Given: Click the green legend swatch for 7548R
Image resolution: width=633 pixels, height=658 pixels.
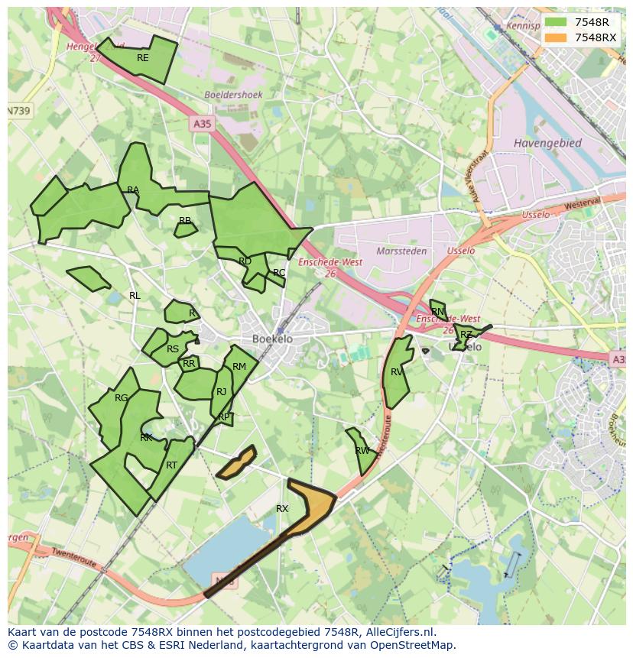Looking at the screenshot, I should point(556,22).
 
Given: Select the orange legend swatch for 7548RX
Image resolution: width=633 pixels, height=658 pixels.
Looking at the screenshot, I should point(556,37).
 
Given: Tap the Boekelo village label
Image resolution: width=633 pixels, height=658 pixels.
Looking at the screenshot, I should point(272,339).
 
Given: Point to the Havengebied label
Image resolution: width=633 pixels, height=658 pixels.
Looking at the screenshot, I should point(547,143).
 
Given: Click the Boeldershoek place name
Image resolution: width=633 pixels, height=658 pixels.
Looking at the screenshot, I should point(233,95).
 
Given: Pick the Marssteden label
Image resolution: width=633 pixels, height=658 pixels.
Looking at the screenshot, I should point(401,251).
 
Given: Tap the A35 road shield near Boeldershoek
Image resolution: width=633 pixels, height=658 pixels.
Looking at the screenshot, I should point(202,123).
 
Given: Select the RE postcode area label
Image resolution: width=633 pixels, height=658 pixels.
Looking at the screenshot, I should point(143,58).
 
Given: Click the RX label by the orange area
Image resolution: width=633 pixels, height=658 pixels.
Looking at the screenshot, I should point(282,508).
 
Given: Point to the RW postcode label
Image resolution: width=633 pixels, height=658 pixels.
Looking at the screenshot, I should point(362,451).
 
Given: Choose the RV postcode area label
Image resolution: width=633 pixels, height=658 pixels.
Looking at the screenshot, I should point(397,372).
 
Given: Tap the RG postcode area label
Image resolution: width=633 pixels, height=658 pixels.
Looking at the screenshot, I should point(122,398).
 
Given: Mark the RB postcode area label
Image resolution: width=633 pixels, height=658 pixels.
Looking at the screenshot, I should point(185,221).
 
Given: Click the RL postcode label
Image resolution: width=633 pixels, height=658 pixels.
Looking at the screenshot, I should point(135,296).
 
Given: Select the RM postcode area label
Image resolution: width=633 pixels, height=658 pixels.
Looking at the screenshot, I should point(239,367).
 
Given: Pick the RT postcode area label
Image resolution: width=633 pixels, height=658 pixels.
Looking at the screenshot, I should point(171,465).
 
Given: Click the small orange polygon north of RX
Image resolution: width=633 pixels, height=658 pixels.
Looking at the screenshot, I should point(237,463).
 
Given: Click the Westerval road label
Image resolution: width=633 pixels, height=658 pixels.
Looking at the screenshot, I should point(583,206).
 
